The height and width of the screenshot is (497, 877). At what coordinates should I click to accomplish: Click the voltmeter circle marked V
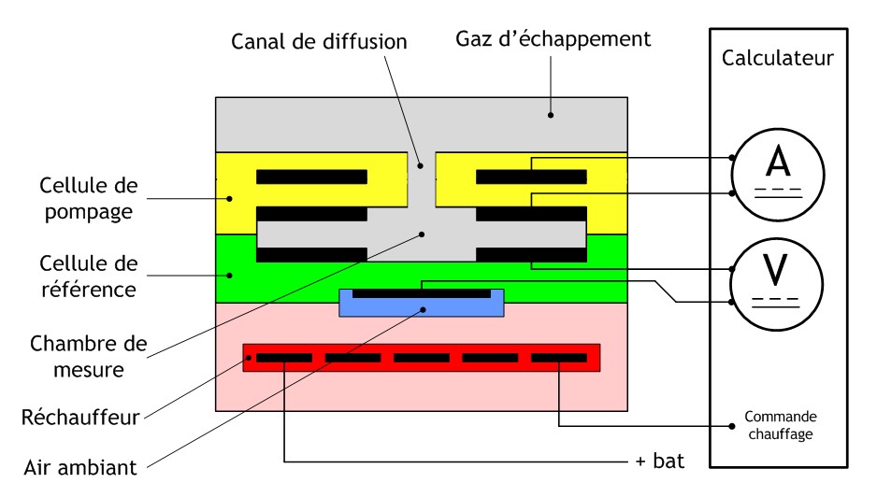coord(777,279)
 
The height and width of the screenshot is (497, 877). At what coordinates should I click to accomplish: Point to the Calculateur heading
coord(778,59)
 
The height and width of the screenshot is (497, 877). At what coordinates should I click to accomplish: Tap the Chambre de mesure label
coord(89,356)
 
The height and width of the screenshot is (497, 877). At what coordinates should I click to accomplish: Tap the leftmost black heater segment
coord(284,358)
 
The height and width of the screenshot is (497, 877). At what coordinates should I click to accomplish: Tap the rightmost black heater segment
coord(558,358)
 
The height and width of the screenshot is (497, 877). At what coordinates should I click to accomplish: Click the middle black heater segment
coord(422,358)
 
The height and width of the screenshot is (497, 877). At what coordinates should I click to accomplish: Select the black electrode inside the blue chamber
coord(421,292)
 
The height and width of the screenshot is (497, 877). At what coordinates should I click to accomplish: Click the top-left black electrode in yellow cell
coord(311,177)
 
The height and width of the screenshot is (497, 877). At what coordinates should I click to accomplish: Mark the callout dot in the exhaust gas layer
coord(551,116)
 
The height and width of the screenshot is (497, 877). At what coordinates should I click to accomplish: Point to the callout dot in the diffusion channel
coord(421,166)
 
